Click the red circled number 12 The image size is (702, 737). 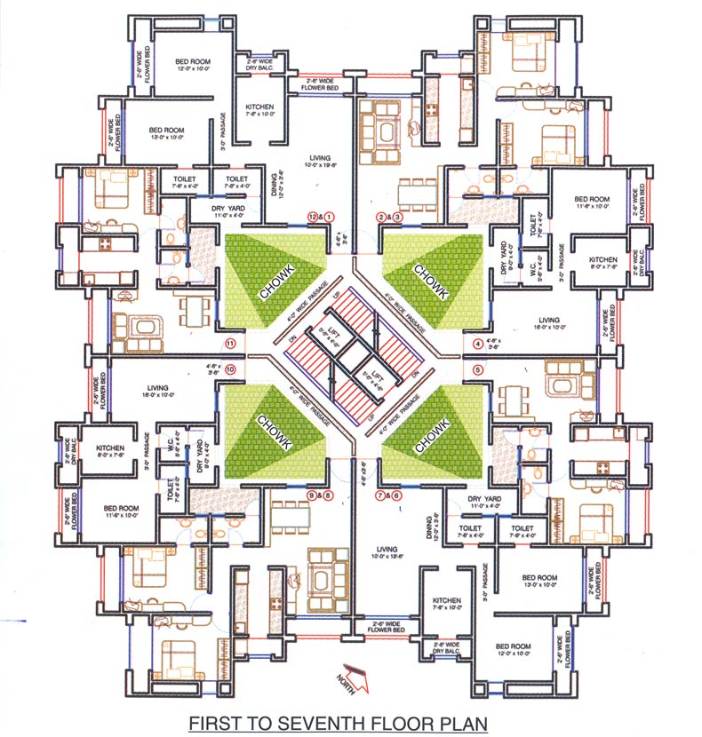tap(313, 216)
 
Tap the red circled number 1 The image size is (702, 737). tap(329, 216)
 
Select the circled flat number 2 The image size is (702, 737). tap(381, 216)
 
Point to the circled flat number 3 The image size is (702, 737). tap(397, 216)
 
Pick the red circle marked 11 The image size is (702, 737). tap(231, 343)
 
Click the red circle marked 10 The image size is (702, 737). tap(231, 368)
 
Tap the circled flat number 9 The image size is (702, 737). tap(312, 495)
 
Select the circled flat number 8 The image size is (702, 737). tap(328, 495)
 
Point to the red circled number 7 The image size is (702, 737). tap(380, 495)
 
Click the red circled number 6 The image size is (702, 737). tap(396, 495)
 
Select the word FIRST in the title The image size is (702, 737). tap(212, 722)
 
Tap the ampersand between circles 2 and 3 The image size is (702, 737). tap(389, 216)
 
